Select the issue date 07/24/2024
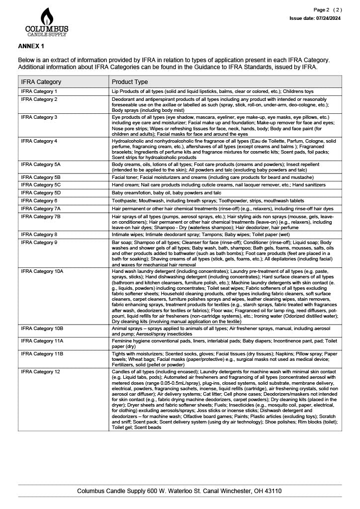pos(328,18)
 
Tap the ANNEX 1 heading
pos(31,46)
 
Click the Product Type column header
pos(130,82)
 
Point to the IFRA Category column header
pos(41,82)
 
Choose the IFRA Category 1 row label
pos(39,91)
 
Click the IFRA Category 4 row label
pos(39,141)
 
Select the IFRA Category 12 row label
pos(40,372)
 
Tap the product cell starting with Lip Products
pos(213,91)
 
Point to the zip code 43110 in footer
pos(272,491)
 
